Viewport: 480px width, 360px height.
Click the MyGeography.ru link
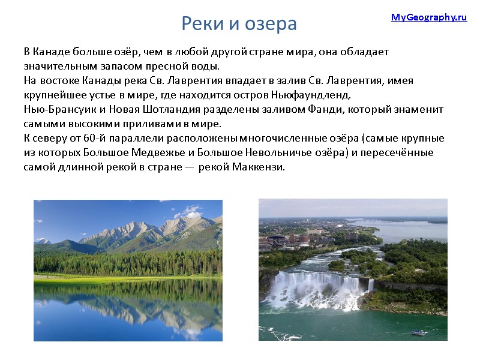coord(428,17)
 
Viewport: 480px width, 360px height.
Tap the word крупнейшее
coord(52,95)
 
